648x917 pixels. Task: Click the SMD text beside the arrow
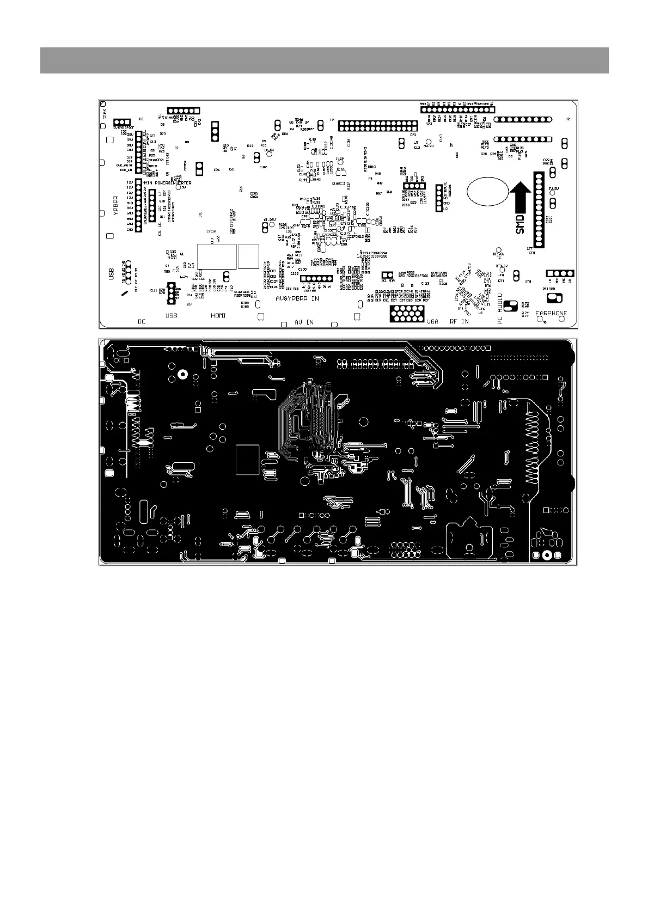click(x=520, y=224)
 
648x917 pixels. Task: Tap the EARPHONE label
click(x=551, y=314)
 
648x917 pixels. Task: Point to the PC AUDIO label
click(x=500, y=309)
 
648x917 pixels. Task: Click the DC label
click(x=142, y=322)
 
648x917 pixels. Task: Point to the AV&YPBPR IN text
click(x=297, y=299)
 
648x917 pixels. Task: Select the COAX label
click(x=105, y=115)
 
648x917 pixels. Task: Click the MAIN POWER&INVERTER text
click(x=167, y=183)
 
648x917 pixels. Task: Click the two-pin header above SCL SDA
click(x=387, y=275)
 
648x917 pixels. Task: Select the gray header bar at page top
click(x=324, y=60)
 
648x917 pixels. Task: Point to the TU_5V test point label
click(x=554, y=188)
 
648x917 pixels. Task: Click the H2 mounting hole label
click(x=567, y=119)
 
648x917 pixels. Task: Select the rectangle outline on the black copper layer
click(x=248, y=459)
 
